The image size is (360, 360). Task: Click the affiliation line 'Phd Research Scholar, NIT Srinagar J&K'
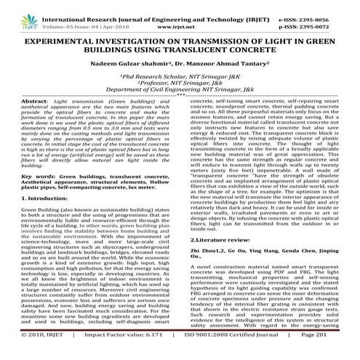point(179,76)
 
